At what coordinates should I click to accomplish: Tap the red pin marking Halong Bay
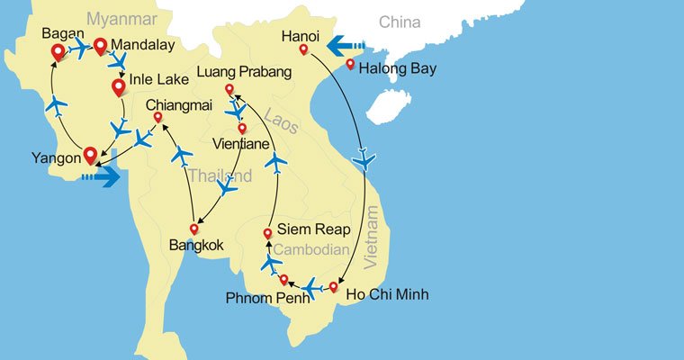click(350, 65)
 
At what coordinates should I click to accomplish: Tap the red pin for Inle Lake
click(118, 87)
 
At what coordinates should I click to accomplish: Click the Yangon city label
click(56, 156)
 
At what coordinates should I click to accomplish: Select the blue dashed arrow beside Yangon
click(100, 177)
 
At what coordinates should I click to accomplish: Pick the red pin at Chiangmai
click(157, 118)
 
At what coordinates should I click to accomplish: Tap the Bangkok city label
click(196, 244)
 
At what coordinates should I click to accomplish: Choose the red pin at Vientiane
click(241, 129)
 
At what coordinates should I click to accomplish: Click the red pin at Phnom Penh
click(283, 280)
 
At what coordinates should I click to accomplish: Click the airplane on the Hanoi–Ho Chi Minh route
click(364, 160)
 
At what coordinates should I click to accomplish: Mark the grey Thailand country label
click(220, 176)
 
